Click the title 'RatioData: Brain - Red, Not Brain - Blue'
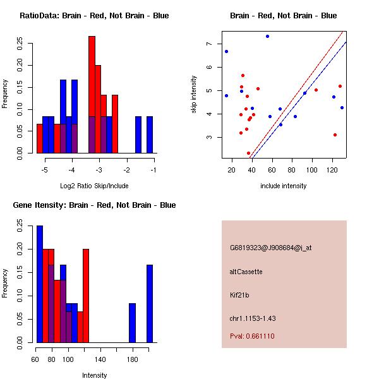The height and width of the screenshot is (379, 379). point(94,16)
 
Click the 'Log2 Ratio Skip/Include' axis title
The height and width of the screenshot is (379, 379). point(94,186)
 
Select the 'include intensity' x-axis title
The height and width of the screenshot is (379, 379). point(283,186)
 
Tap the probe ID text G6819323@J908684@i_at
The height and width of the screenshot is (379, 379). point(271,248)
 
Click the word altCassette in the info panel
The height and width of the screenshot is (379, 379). point(246,272)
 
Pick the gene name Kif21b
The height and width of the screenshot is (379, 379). point(240,295)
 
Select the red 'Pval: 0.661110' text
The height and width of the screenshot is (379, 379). point(253,336)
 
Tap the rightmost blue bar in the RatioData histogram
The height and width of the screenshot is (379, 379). point(150,135)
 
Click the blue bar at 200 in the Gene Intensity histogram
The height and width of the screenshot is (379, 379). point(150,303)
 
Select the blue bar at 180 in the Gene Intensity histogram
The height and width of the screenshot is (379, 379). point(133,323)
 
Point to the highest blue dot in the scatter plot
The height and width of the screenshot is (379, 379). point(267,36)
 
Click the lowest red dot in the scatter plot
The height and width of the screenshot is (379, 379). point(249,153)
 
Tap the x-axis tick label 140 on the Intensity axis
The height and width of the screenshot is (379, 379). point(100,359)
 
